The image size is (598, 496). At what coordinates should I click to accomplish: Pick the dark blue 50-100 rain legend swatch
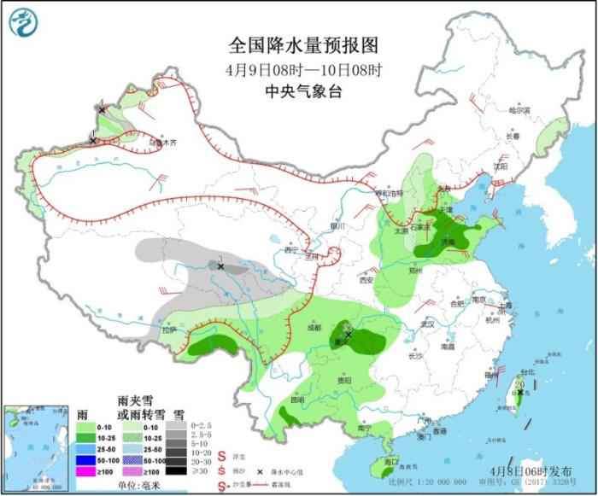[x=85, y=458]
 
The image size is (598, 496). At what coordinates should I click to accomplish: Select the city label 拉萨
[x=170, y=329]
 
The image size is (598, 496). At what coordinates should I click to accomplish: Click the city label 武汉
[x=428, y=324]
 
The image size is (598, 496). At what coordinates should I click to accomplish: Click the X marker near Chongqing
[x=348, y=335]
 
